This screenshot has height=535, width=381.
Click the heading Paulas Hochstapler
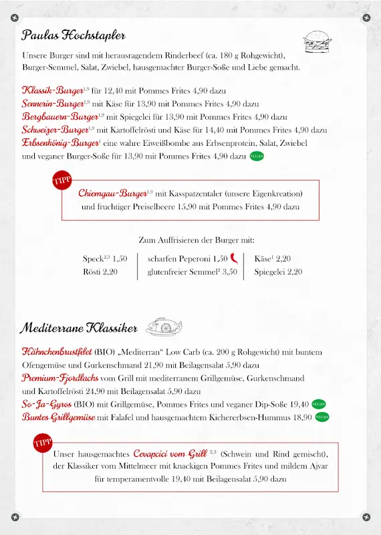coord(74,35)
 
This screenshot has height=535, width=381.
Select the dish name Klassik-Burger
coord(52,90)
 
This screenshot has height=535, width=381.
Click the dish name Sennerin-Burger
coord(53,104)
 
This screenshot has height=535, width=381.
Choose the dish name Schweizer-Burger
coord(55,130)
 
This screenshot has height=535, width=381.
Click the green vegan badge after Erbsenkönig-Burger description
coord(257,156)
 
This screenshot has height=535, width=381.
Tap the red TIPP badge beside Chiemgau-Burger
coord(61,181)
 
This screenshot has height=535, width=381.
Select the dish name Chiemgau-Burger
coord(112,193)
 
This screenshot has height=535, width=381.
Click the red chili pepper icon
coord(235,258)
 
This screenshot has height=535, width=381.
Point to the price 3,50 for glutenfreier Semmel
coord(229,272)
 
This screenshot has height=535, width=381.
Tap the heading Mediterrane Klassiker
coord(79,328)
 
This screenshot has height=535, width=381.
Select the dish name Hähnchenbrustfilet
coord(57,352)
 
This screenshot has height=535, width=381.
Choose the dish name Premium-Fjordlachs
coord(56,378)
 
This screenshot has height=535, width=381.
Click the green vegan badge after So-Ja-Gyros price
coord(319,404)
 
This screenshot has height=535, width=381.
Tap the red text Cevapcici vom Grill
coord(170,453)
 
